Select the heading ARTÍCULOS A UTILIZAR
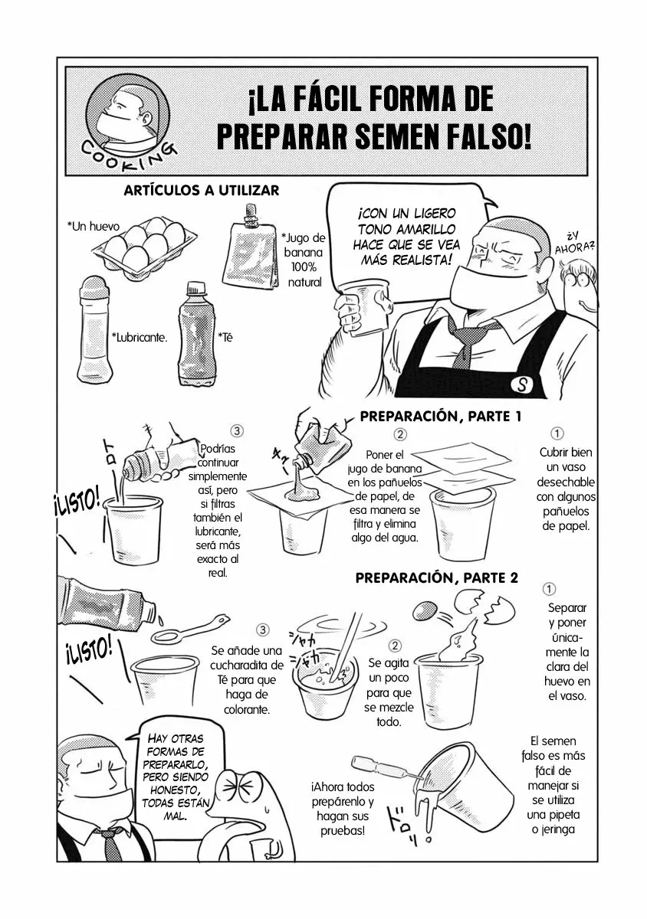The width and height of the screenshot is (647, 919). pyautogui.click(x=201, y=190)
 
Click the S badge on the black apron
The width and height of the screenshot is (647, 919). pyautogui.click(x=524, y=384)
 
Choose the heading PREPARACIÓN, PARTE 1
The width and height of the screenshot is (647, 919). pyautogui.click(x=441, y=417)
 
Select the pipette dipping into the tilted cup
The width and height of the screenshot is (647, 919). pyautogui.click(x=383, y=767)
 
